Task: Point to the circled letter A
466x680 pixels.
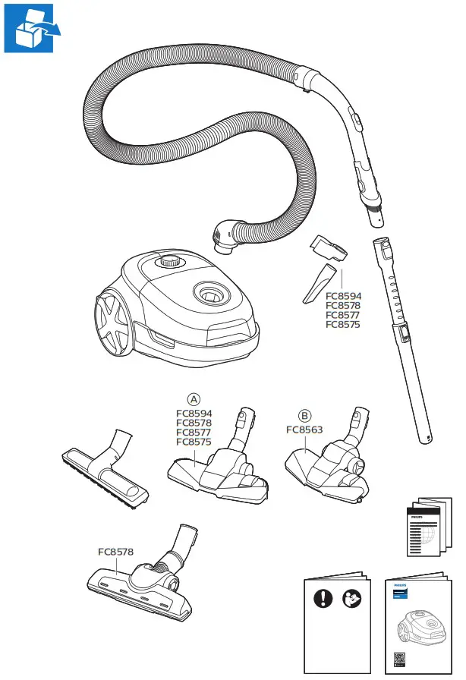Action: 194,398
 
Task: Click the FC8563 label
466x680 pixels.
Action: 304,430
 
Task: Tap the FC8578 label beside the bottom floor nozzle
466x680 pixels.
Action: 115,552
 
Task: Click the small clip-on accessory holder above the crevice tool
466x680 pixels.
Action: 328,247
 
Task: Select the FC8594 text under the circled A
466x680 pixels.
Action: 194,414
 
